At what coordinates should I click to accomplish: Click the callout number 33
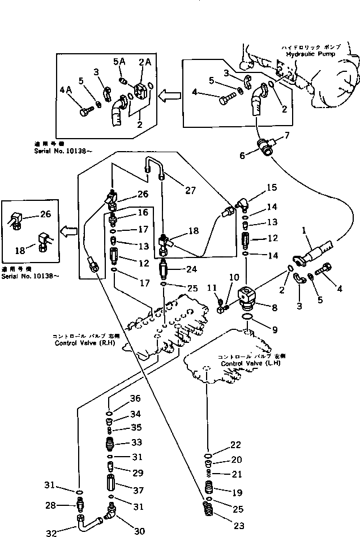pos(136,441)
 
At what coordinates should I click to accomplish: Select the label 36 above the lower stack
pos(136,399)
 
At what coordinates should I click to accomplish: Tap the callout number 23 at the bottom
pos(238,526)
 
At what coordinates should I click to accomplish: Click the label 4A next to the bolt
pos(66,89)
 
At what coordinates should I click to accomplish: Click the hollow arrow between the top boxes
pos(168,97)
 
